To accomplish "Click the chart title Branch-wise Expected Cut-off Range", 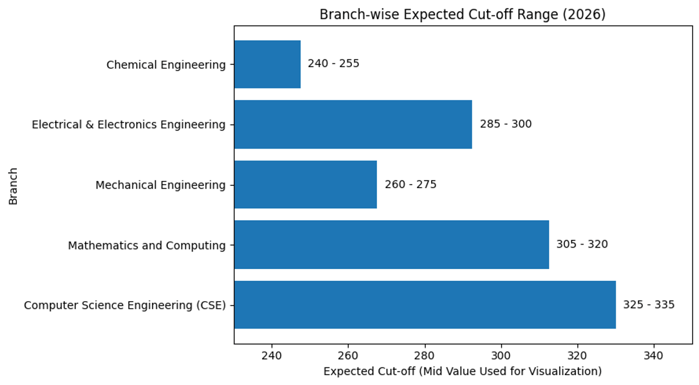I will coord(463,15).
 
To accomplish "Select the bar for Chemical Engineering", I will coord(267,64).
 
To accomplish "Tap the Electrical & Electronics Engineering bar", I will coord(353,124).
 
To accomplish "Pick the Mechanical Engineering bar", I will coord(305,185).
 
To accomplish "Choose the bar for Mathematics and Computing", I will coord(391,245).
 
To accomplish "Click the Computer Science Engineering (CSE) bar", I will coord(425,305).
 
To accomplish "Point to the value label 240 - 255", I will coord(333,64).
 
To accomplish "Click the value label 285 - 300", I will coord(506,124).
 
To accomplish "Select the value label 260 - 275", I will coord(410,185).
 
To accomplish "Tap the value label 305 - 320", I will coord(582,245).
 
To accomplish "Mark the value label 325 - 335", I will coord(649,305).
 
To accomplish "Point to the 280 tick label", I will coord(425,356).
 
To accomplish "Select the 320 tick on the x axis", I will coord(577,356).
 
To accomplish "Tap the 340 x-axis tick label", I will coord(654,356).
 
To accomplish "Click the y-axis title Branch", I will coord(13,186).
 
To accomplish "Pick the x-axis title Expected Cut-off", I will coord(463,371).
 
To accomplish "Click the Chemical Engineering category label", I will coord(166,65).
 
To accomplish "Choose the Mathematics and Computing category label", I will coord(147,245).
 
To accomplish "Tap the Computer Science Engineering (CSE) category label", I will coord(125,305).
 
